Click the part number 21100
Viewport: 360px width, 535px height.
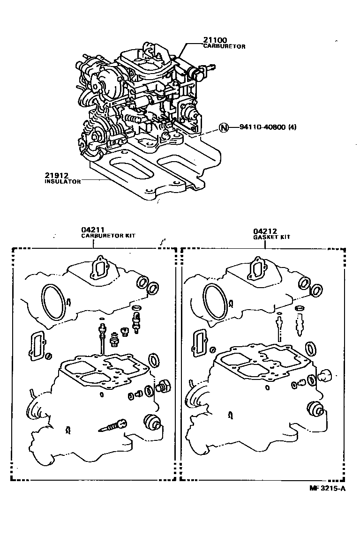tap(214, 41)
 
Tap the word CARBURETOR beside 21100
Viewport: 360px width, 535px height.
tap(224, 47)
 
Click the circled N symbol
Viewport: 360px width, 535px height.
tap(224, 127)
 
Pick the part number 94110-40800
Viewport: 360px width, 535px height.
tap(259, 127)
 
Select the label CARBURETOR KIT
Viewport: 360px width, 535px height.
tap(108, 236)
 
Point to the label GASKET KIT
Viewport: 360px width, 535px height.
tap(271, 237)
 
